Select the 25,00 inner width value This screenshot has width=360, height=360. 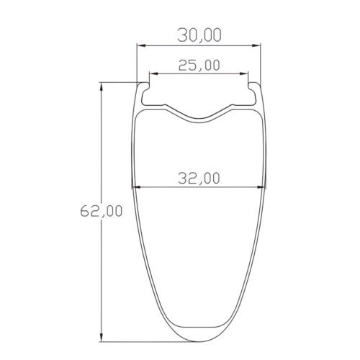199,65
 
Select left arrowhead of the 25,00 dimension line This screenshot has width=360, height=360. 153,73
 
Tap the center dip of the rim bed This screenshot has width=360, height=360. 199,117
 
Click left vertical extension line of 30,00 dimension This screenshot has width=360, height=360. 138,61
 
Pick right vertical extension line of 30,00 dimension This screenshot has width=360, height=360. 260,61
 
